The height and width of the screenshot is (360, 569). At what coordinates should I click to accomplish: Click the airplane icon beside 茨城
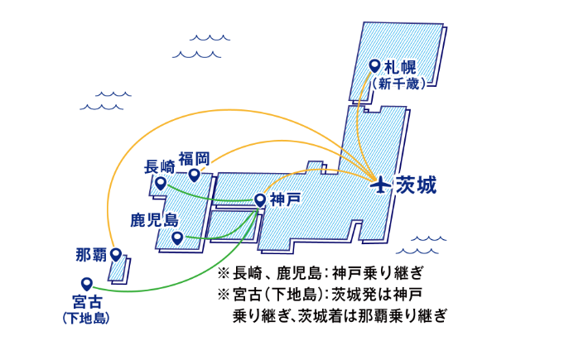pyautogui.click(x=381, y=185)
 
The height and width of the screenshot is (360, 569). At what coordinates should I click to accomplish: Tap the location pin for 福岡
pyautogui.click(x=194, y=175)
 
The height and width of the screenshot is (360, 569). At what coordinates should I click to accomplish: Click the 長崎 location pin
pyautogui.click(x=161, y=183)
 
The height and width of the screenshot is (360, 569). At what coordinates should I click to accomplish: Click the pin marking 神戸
pyautogui.click(x=260, y=199)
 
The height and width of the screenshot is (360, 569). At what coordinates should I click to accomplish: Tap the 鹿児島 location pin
pyautogui.click(x=177, y=238)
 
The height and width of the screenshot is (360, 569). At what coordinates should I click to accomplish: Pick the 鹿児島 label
pyautogui.click(x=154, y=220)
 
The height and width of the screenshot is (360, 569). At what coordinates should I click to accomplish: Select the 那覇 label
pyautogui.click(x=90, y=253)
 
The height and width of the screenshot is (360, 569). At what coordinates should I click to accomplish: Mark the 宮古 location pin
pyautogui.click(x=85, y=283)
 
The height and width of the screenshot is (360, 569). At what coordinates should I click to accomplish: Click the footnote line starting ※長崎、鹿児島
pyautogui.click(x=320, y=272)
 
